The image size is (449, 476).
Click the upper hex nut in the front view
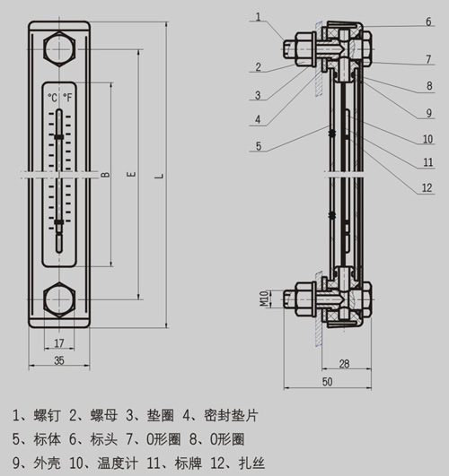coord(59,48)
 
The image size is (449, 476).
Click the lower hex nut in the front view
coord(59,299)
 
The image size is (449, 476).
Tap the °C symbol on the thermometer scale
coord(53,98)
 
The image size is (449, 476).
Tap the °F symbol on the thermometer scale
coord(67,98)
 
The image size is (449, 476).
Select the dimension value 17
coord(59,343)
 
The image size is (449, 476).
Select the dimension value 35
coord(59,360)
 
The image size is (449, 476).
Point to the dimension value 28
coord(344,364)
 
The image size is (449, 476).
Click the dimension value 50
coord(327,382)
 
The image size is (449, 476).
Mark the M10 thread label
coord(264,299)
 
